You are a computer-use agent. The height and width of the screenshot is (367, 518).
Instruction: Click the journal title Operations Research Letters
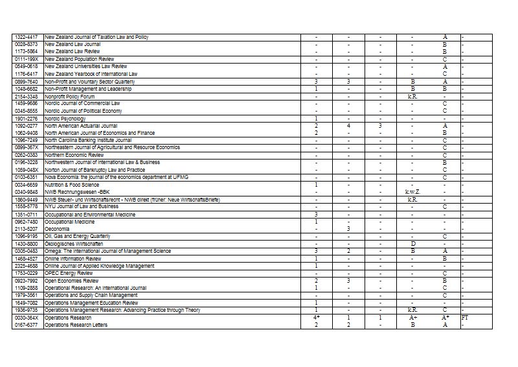click(x=76, y=326)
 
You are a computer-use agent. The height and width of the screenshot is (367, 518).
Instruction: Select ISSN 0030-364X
click(x=27, y=318)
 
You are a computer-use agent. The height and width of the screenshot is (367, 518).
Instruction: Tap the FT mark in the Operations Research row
click(x=464, y=318)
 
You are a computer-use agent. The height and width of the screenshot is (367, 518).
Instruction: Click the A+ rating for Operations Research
click(x=412, y=318)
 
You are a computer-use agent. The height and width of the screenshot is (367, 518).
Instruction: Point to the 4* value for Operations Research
click(x=316, y=318)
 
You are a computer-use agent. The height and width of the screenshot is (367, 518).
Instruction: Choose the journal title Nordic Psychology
click(x=65, y=119)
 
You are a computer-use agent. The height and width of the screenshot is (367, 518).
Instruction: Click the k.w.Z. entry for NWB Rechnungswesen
click(x=412, y=192)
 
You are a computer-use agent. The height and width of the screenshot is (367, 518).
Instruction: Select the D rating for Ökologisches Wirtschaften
click(x=412, y=244)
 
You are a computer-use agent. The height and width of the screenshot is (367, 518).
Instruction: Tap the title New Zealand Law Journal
click(x=73, y=44)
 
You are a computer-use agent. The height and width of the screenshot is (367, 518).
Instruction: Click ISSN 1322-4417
click(x=27, y=37)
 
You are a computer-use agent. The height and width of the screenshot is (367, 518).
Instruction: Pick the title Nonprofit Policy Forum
click(x=69, y=97)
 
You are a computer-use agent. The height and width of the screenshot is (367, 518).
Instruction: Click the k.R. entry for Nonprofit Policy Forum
click(x=412, y=97)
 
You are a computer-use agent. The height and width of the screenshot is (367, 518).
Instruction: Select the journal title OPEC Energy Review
click(x=69, y=274)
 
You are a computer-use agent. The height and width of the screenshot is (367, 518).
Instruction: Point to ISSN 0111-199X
click(x=27, y=59)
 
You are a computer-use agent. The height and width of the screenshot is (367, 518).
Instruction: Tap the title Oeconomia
click(x=57, y=229)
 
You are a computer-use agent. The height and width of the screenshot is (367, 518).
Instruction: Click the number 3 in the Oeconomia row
click(x=348, y=229)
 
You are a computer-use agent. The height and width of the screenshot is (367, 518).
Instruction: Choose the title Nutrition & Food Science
click(x=72, y=185)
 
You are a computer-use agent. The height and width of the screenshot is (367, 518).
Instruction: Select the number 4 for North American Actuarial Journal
click(x=348, y=126)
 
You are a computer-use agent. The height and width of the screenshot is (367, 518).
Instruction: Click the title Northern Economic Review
click(x=74, y=156)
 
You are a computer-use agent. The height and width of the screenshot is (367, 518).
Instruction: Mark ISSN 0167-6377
click(x=27, y=326)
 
